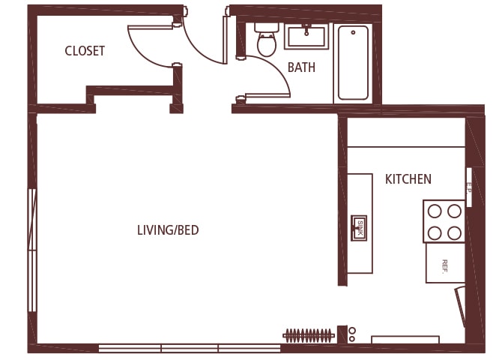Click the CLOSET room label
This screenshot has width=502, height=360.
click(85, 51)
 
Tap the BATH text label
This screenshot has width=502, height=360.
click(301, 67)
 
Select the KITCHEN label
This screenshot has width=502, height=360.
click(408, 179)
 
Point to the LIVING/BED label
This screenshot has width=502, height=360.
click(168, 230)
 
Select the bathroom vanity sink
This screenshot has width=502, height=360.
click(306, 35)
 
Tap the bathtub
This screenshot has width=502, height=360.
click(353, 63)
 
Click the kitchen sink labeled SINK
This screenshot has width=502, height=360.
click(360, 228)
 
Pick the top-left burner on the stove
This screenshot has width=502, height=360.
click(435, 211)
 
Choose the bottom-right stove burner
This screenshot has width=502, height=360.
click(454, 232)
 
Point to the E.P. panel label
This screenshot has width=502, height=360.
click(468, 187)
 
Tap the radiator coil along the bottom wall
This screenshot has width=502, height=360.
click(308, 334)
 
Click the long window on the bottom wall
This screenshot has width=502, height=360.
click(190, 348)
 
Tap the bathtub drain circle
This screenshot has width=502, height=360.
click(353, 32)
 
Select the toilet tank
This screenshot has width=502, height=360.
click(267, 27)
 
